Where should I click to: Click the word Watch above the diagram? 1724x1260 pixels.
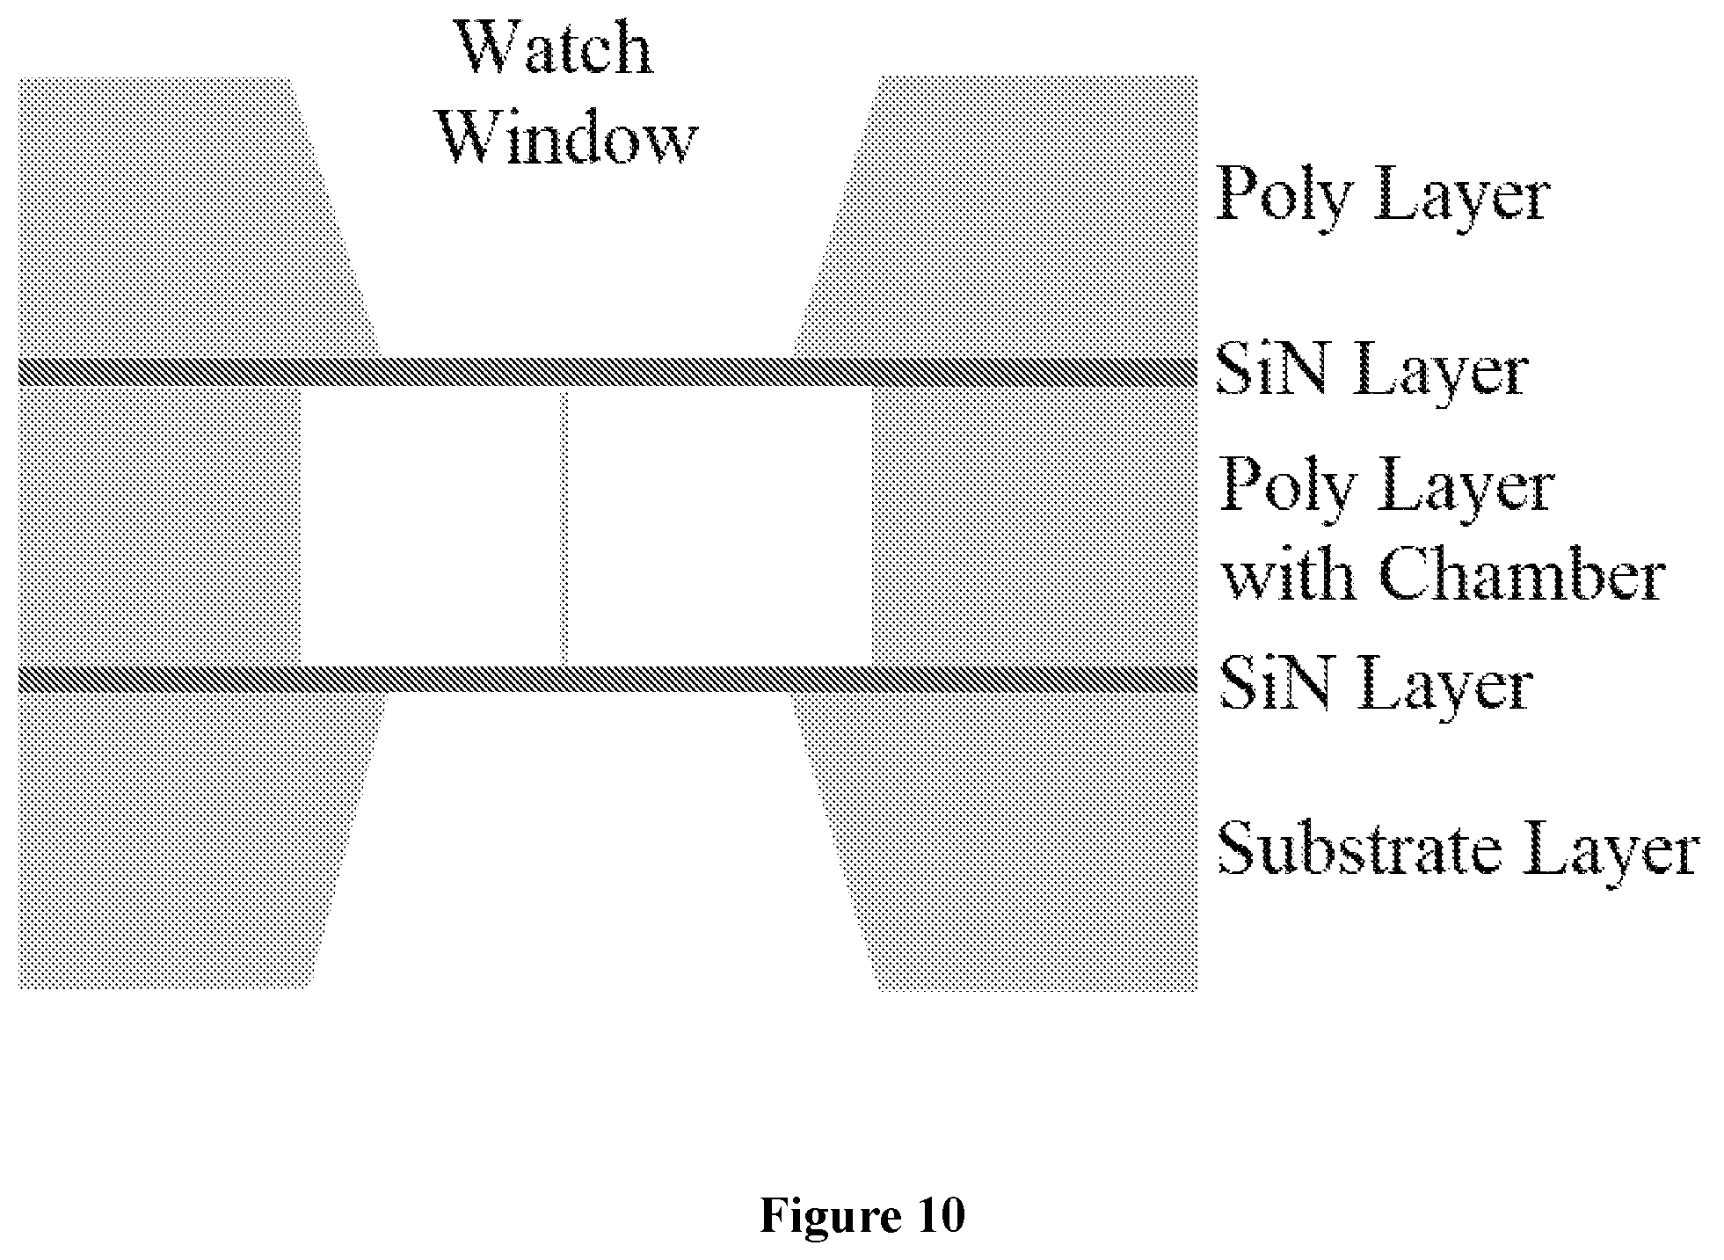[554, 49]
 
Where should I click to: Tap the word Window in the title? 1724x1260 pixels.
[567, 139]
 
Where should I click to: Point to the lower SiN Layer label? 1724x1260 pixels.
[1375, 685]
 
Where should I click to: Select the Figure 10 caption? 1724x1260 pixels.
[862, 1216]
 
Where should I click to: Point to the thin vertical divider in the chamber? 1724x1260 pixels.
[564, 526]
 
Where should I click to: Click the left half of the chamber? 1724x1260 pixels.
[432, 526]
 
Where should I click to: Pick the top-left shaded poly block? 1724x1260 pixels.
[176, 218]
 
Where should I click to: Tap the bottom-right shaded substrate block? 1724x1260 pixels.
[1011, 840]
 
